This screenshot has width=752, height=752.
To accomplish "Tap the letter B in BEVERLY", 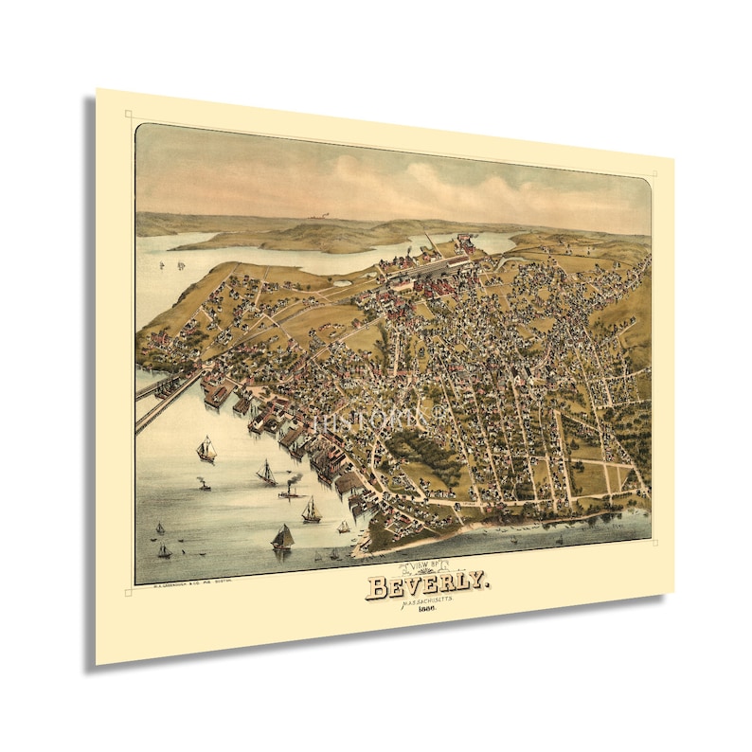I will tap(377, 588).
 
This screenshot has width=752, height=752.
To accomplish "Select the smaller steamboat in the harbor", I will tap(204, 484).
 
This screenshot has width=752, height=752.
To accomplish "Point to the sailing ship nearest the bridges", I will tap(206, 450).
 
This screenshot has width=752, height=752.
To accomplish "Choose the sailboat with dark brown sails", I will tap(282, 539).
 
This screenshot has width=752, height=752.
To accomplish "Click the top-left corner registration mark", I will tap(128, 115).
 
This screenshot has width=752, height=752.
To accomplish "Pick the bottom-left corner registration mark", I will tap(128, 592).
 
